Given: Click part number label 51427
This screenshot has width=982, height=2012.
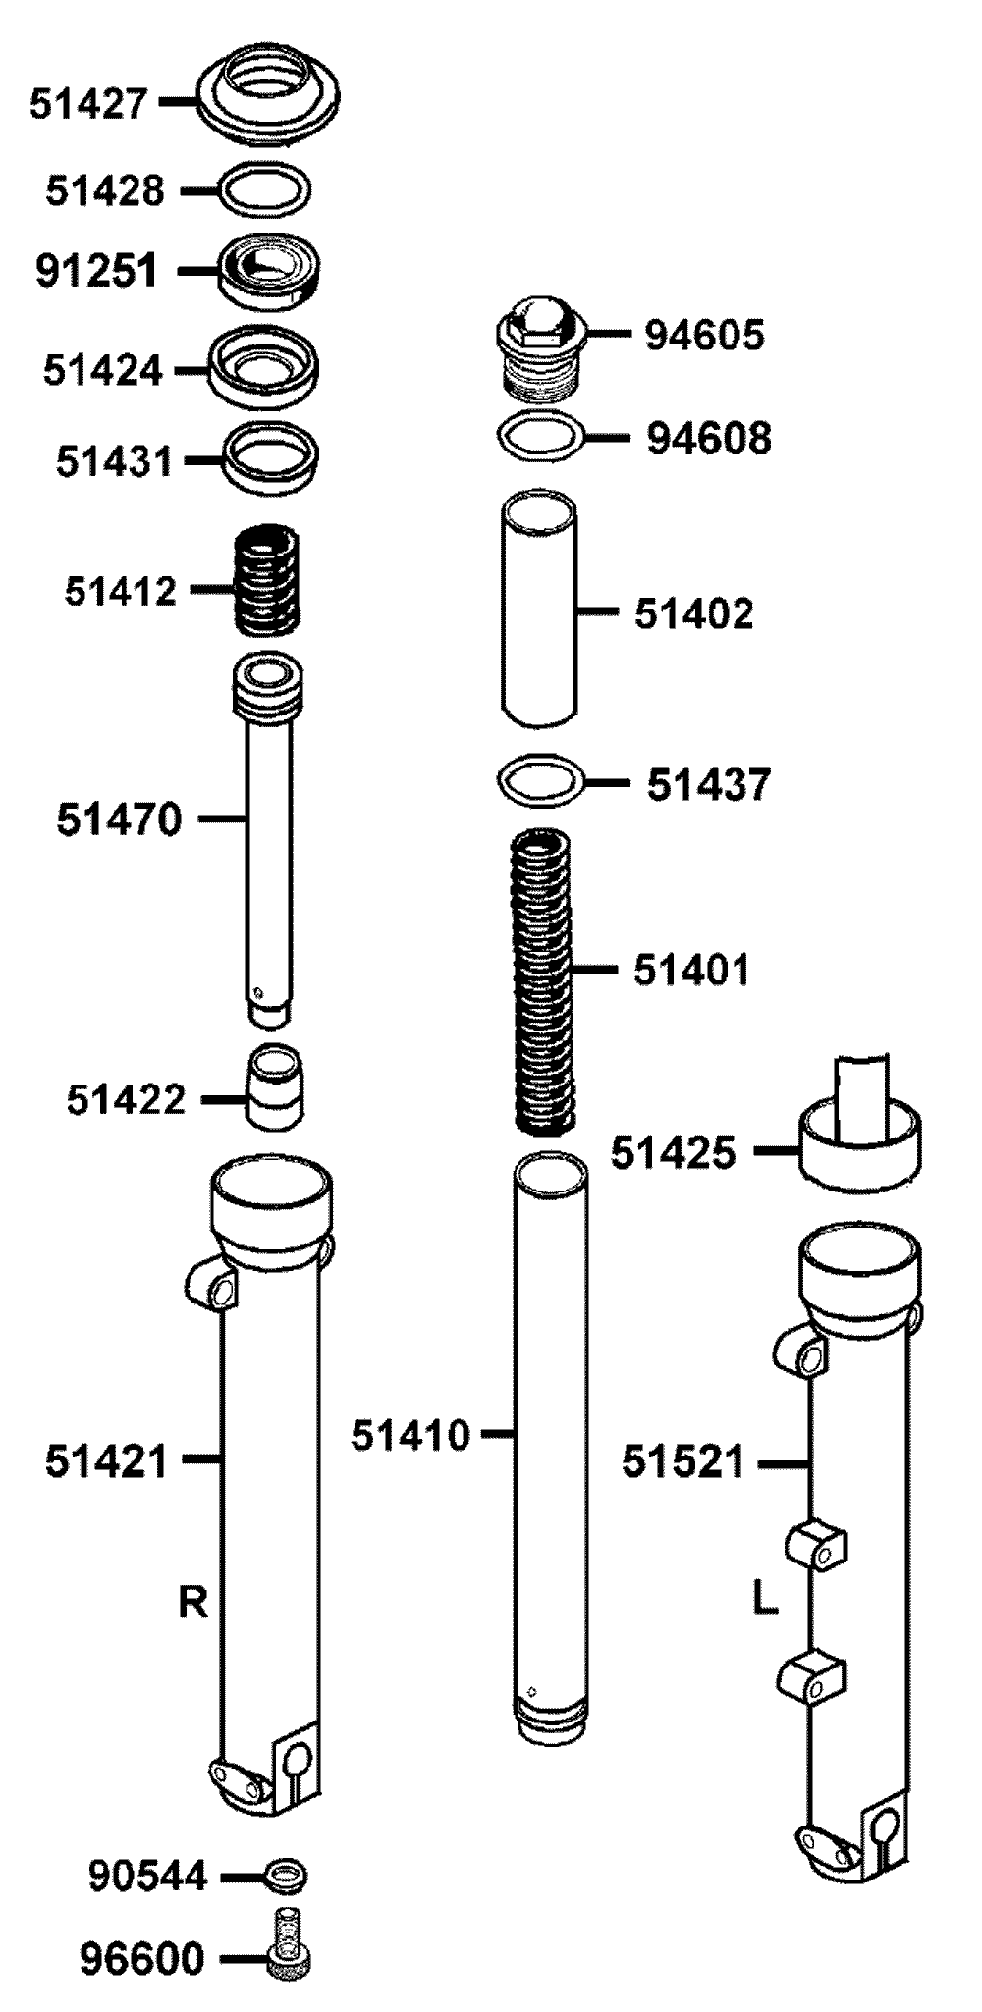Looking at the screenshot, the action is coord(88,102).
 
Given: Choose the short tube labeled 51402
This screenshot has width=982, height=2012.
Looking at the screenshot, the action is coord(539,609).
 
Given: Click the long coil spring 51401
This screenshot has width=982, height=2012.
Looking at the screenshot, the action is coord(545,981).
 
